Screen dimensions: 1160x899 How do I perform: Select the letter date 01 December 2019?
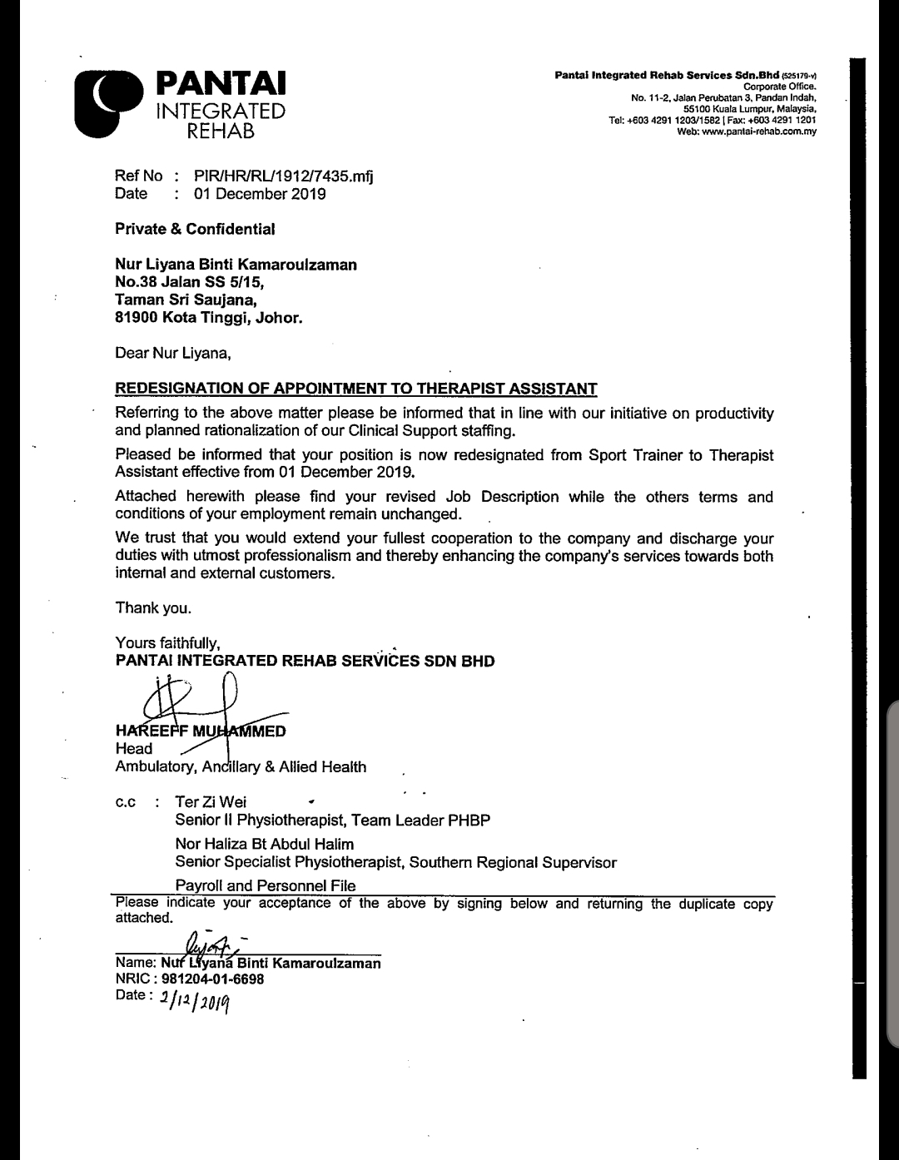[x=260, y=195]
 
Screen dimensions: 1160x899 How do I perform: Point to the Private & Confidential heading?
[x=195, y=228]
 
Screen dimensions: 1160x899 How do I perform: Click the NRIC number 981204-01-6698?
[x=212, y=979]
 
